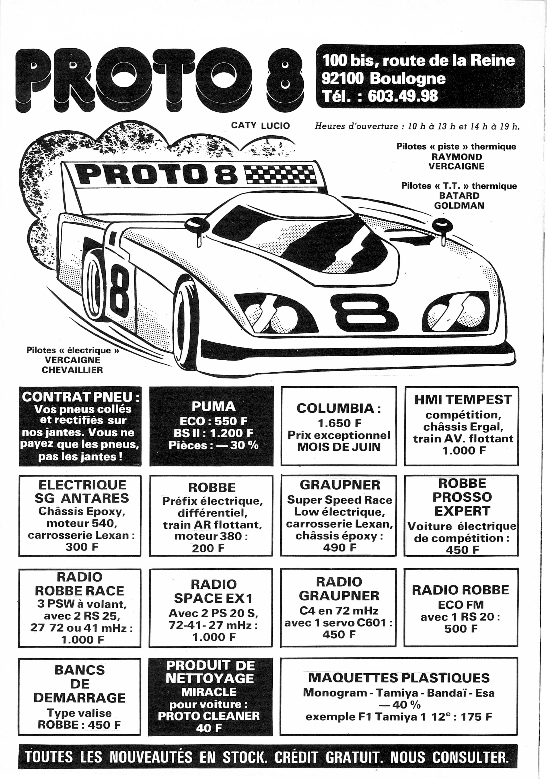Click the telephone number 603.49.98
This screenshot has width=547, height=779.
(x=403, y=96)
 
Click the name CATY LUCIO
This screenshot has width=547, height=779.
(x=260, y=126)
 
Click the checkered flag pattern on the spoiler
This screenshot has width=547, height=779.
(x=280, y=174)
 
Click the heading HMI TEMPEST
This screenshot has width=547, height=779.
(x=463, y=400)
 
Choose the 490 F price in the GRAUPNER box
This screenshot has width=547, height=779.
(x=339, y=547)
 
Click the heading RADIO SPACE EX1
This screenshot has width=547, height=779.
(x=213, y=591)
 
